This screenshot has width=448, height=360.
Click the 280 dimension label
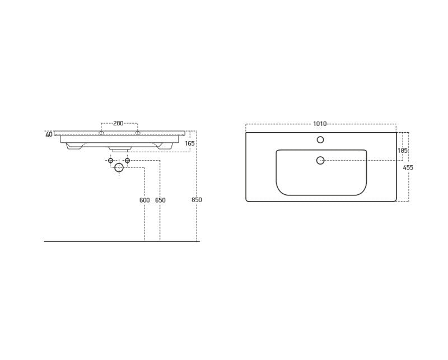[118, 123]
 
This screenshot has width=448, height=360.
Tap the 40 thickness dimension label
[49, 134]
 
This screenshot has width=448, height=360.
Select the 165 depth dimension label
[190, 143]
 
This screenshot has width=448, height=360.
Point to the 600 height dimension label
[144, 200]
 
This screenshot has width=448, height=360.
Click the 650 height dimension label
[160, 200]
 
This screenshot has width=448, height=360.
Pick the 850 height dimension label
[197, 200]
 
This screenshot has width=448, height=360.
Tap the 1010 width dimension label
[320, 124]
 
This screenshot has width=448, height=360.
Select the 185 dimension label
[403, 150]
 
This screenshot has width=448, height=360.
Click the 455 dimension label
[408, 168]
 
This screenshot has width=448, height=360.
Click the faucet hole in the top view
[320, 140]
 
